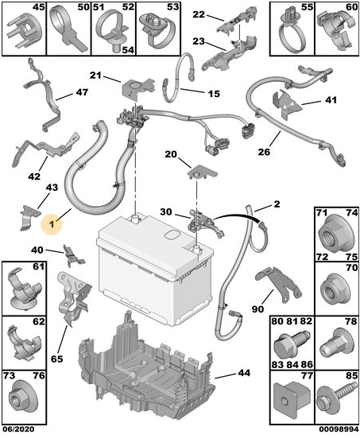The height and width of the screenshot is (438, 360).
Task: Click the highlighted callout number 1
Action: [x=52, y=224]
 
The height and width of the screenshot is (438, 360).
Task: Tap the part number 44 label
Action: [x=244, y=373]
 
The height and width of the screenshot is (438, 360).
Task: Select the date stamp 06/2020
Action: [x=18, y=429]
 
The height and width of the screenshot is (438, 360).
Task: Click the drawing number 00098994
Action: [x=339, y=429]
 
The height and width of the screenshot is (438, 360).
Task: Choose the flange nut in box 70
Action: [x=336, y=291]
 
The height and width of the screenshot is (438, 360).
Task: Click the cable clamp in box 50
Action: [x=68, y=30]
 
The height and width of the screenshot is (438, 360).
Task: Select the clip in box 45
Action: [x=25, y=32]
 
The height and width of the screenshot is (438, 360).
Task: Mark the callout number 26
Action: [x=264, y=152]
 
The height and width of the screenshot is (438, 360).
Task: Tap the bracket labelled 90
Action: [x=278, y=284]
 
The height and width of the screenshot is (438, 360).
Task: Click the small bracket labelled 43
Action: [x=29, y=218]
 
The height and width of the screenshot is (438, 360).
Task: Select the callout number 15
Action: [x=214, y=94]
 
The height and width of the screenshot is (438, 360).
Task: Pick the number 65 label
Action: [x=57, y=359]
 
